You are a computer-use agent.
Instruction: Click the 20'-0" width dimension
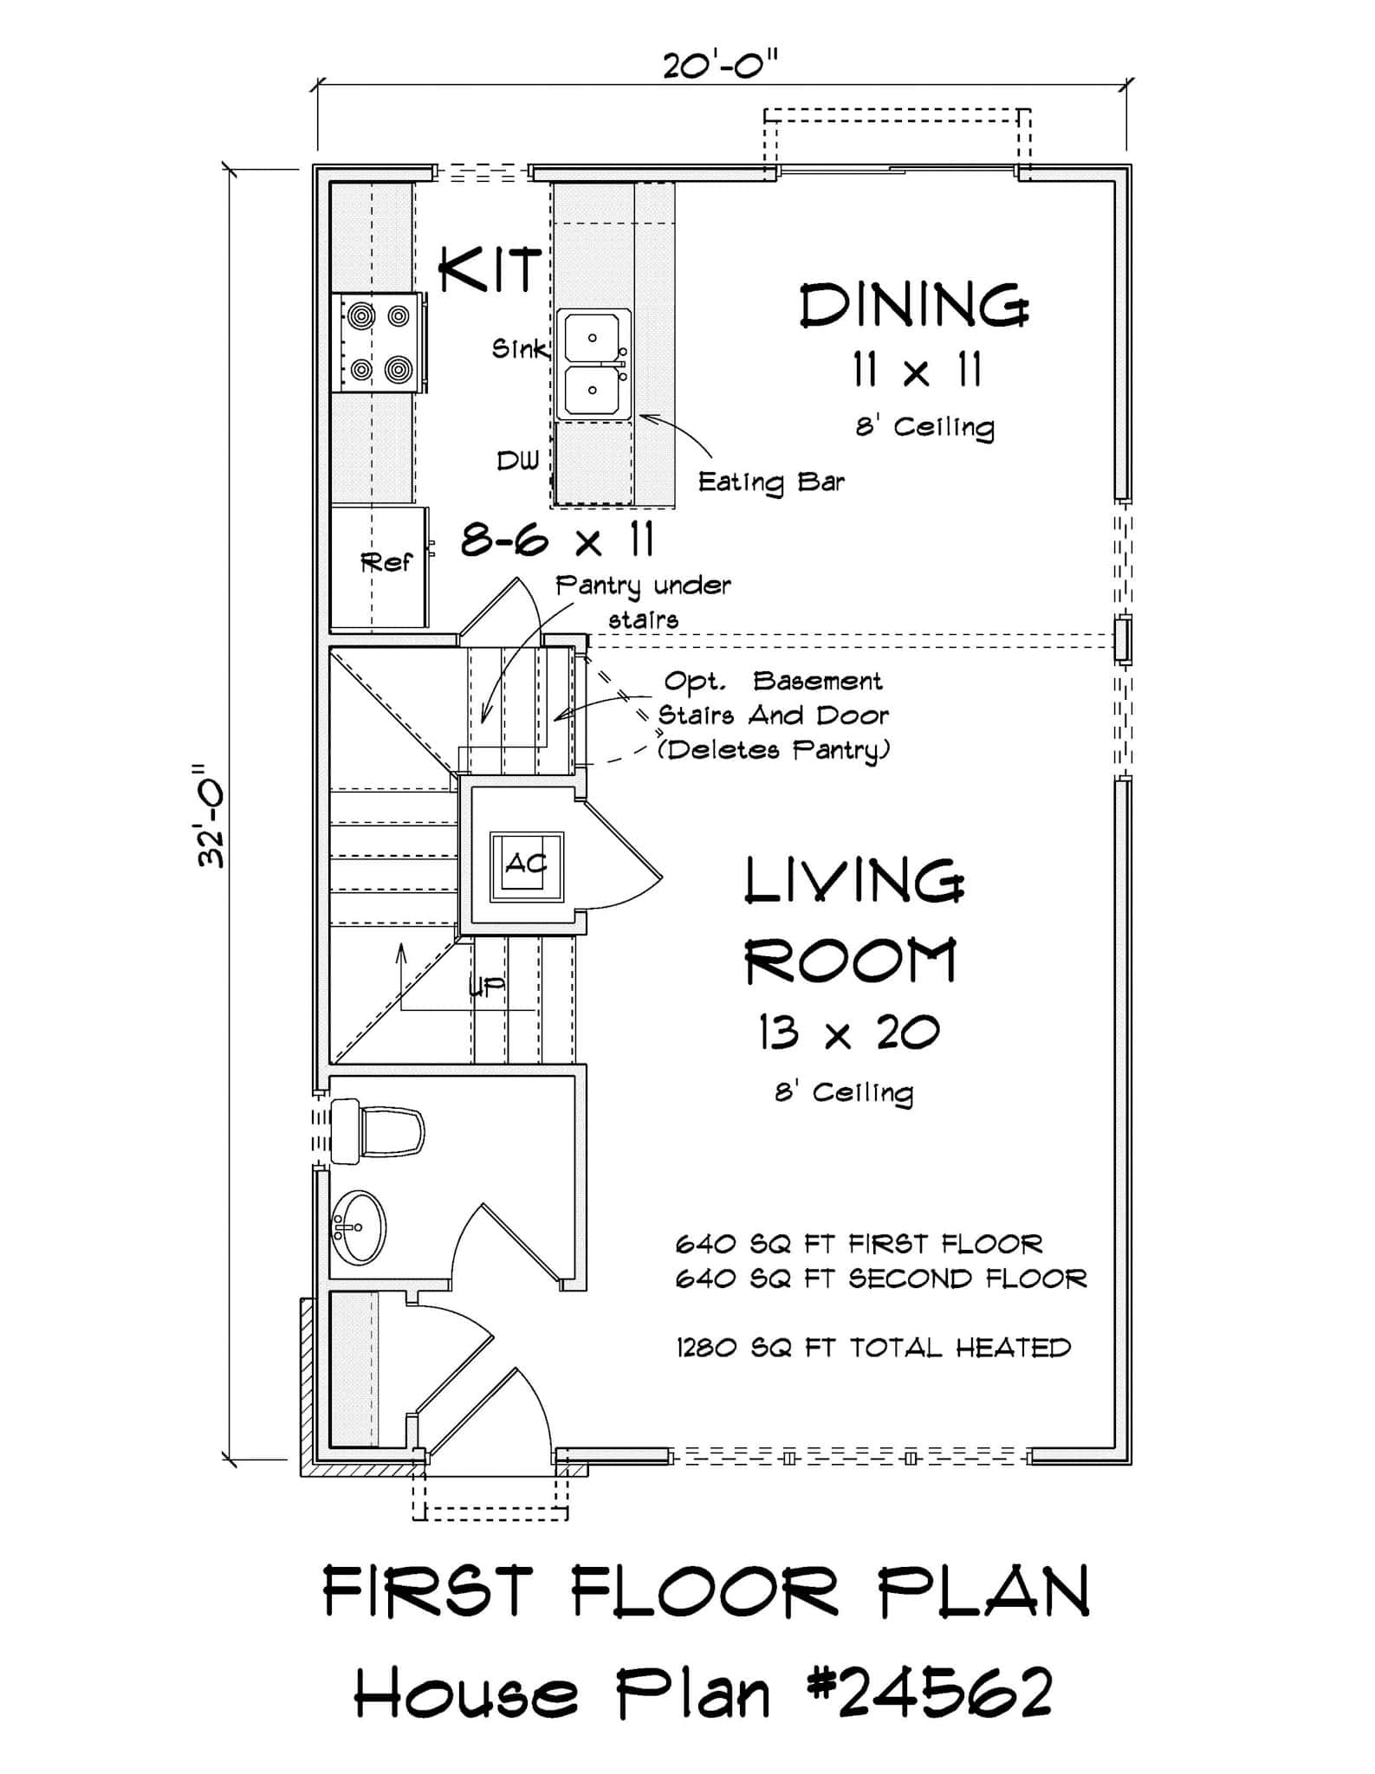click(721, 65)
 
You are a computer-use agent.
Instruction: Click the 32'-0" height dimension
click(211, 814)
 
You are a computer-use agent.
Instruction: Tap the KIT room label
click(490, 270)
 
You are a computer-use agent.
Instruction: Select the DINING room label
click(913, 306)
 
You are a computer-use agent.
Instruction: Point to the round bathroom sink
click(358, 1227)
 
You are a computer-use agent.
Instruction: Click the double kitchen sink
click(593, 366)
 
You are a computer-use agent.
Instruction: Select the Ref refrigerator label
click(386, 563)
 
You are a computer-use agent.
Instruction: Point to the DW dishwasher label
click(517, 461)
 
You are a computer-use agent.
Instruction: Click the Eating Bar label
click(771, 482)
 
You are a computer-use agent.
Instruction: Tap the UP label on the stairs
click(487, 987)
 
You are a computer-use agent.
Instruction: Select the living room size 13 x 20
click(849, 1033)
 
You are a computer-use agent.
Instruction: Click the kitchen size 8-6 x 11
click(557, 541)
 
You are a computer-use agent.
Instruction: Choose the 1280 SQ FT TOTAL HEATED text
click(873, 1348)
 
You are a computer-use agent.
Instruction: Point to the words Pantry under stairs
click(643, 600)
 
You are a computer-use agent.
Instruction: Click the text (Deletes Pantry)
click(773, 749)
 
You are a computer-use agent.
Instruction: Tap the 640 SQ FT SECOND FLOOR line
click(880, 1279)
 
